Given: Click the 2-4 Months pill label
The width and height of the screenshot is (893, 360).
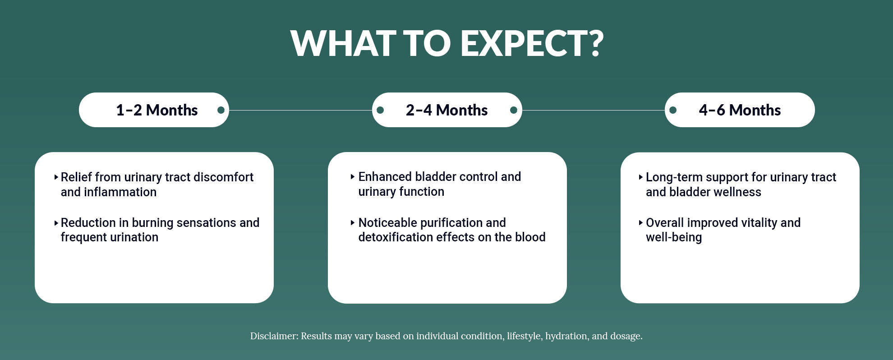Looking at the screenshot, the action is click(x=446, y=110).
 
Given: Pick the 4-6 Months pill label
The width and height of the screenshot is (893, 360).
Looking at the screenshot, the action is click(x=740, y=110).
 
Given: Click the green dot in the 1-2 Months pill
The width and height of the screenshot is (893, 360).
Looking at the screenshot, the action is click(x=221, y=110).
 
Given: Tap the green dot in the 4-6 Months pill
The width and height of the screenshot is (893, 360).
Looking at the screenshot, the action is click(x=673, y=110).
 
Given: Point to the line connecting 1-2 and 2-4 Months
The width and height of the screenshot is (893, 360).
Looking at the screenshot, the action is click(x=300, y=110).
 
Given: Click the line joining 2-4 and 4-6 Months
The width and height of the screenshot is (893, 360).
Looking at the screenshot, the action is click(x=594, y=110).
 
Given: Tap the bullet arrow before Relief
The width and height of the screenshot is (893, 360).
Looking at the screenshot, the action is click(x=56, y=177).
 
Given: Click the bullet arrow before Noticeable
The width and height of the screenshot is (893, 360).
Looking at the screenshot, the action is click(x=353, y=222).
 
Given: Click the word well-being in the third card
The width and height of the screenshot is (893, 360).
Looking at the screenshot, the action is click(x=674, y=238).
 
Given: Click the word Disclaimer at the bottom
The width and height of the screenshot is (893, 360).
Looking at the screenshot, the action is click(x=274, y=336).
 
